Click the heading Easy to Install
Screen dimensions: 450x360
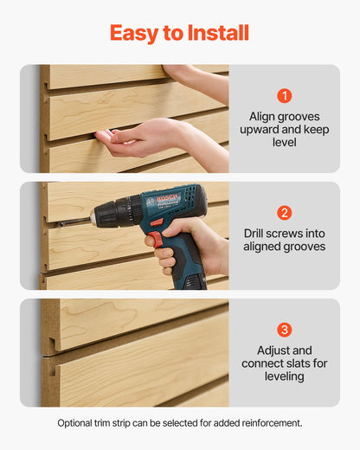pyautogui.click(x=179, y=33)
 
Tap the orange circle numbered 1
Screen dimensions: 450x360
pyautogui.click(x=285, y=96)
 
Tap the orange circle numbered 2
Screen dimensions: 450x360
pyautogui.click(x=285, y=213)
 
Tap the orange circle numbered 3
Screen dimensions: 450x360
pyautogui.click(x=285, y=330)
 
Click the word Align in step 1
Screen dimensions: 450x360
pyautogui.click(x=263, y=115)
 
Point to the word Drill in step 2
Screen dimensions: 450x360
pyautogui.click(x=257, y=233)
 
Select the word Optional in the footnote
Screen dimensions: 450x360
pyautogui.click(x=76, y=423)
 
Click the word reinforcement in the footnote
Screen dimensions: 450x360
pyautogui.click(x=270, y=423)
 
